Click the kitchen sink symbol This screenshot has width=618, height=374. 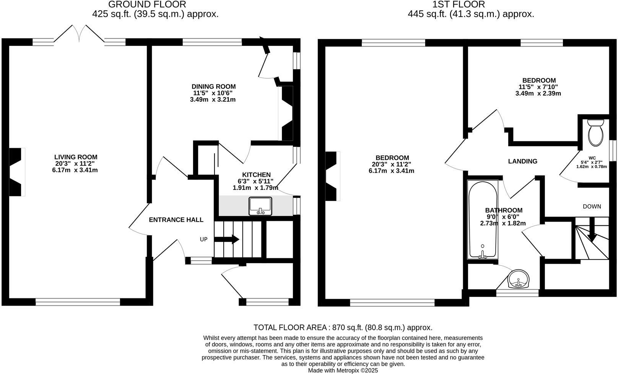[260, 206]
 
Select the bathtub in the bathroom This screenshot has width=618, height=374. [483, 220]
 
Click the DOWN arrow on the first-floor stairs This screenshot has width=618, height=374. [592, 233]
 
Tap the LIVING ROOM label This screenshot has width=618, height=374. [76, 157]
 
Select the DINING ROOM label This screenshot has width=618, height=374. [213, 87]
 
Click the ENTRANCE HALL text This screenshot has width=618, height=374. [176, 220]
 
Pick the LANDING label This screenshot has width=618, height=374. [522, 161]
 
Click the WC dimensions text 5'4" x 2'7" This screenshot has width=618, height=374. [592, 162]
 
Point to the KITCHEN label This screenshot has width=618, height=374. [256, 175]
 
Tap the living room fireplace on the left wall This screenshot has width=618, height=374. [17, 172]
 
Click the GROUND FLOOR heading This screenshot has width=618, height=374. [147, 5]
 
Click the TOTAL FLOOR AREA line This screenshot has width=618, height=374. [343, 327]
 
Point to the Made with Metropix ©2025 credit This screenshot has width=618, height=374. [343, 370]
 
